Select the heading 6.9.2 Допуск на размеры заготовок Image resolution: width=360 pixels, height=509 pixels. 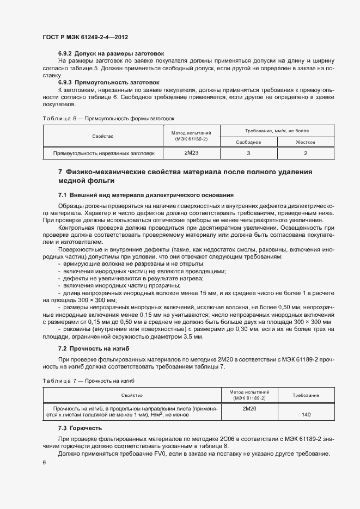pyautogui.click(x=111, y=53)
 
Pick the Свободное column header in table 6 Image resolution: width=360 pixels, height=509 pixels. pyautogui.click(x=248, y=142)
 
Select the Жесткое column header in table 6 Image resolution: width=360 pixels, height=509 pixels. pyautogui.click(x=306, y=142)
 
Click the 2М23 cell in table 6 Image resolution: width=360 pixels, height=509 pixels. pyautogui.click(x=192, y=154)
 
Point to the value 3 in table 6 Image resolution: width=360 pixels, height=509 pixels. pyautogui.click(x=248, y=154)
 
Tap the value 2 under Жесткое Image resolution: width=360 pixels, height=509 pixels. pyautogui.click(x=306, y=154)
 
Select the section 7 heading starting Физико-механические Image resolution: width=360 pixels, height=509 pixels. pyautogui.click(x=185, y=176)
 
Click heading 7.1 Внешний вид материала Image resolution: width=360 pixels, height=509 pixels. pyautogui.click(x=145, y=195)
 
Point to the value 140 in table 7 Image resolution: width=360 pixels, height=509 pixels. pyautogui.click(x=306, y=415)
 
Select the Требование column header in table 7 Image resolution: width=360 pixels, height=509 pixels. pyautogui.click(x=306, y=395)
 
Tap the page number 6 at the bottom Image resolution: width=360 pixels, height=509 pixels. pyautogui.click(x=44, y=463)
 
